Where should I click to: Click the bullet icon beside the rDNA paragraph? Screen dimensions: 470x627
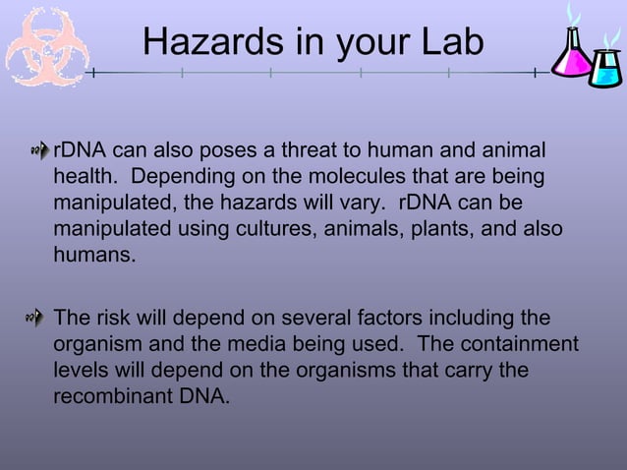click(x=38, y=151)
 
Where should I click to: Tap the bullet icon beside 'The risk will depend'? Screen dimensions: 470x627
click(x=38, y=318)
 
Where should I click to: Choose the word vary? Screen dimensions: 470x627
click(x=362, y=203)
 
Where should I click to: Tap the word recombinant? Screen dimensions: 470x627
click(x=111, y=397)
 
